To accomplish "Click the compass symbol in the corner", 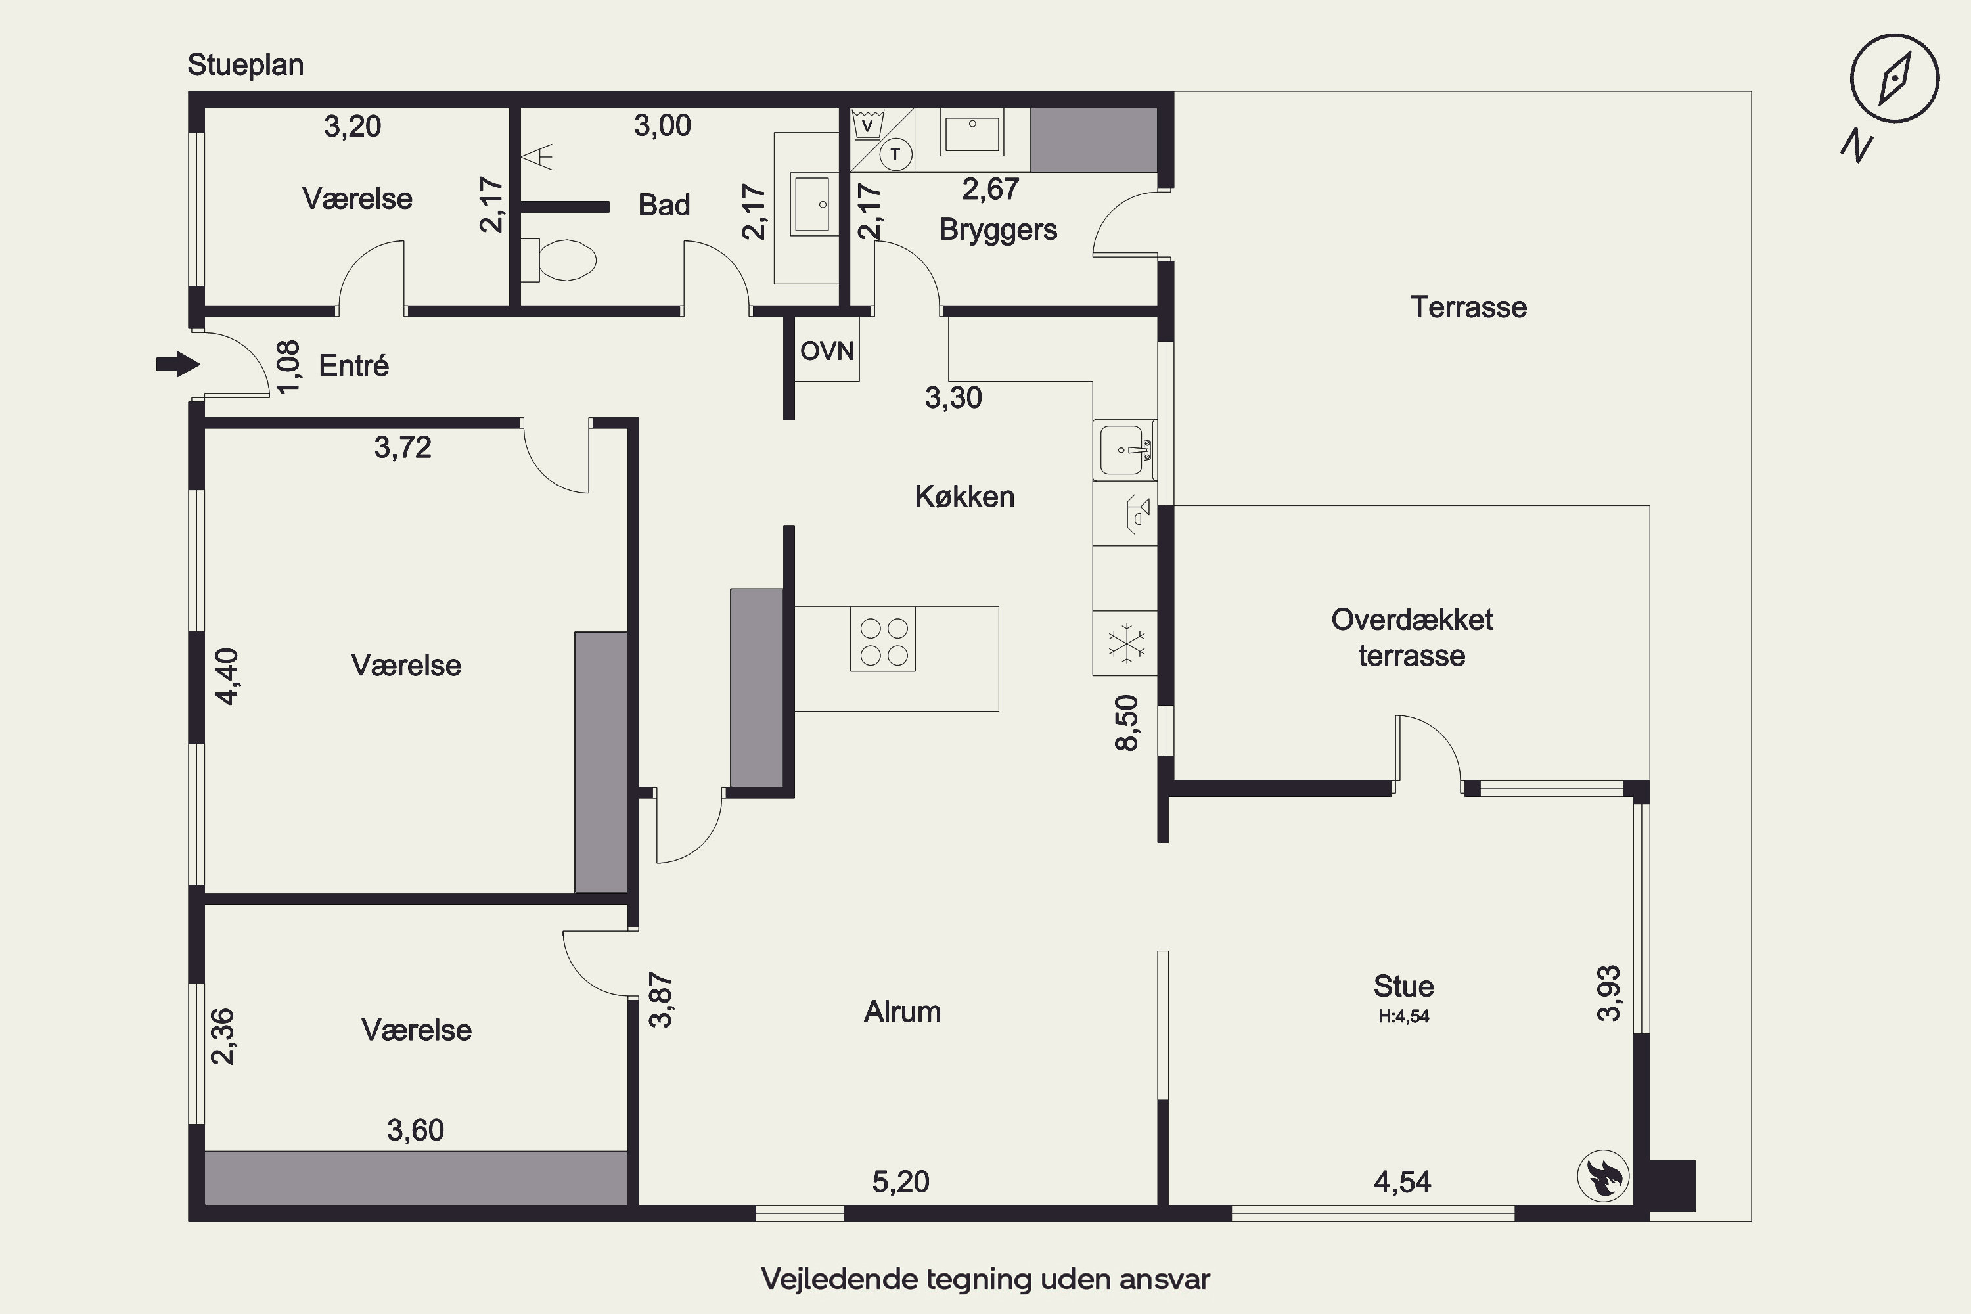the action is pos(1894,79).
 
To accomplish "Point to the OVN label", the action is pos(827,350).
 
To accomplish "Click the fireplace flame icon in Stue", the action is pos(1603,1176).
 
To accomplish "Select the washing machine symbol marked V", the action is pos(868,125).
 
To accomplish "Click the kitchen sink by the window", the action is pos(1125,449).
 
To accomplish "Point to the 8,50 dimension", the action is pos(1127,722).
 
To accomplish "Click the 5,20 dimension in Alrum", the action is pos(901,1181).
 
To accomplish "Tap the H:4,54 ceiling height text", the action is pos(1403,1016).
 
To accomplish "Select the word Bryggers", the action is pos(998,229).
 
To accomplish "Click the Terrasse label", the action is pos(1468,307).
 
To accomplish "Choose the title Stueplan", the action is pos(246,64).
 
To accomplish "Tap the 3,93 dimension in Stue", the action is pos(1609,994).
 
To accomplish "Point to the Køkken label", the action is pos(964,497).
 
